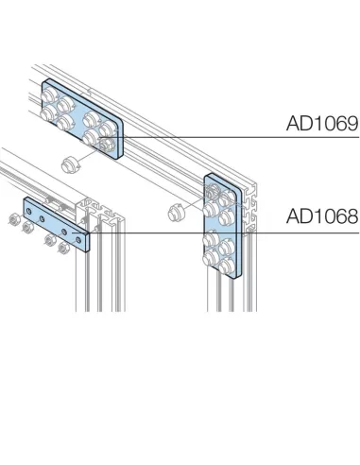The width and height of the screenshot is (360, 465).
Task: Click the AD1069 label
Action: point(321,124)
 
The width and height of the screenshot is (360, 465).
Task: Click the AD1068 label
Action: point(321,216)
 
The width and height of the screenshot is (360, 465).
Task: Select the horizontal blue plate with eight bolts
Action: point(80,116)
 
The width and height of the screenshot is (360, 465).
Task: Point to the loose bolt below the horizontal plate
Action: point(67,164)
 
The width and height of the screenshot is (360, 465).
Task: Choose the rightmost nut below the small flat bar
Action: point(64,249)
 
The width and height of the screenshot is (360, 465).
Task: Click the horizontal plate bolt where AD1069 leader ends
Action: point(103,141)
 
